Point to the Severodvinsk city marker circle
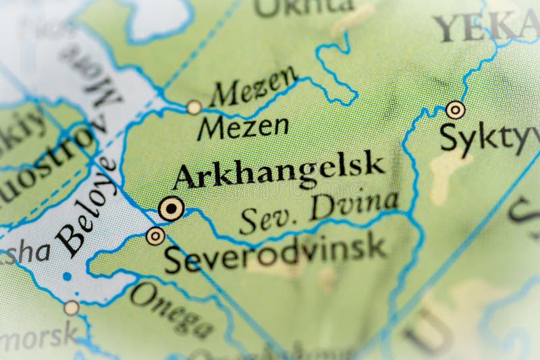pyautogui.click(x=155, y=236)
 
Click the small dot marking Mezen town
pyautogui.click(x=194, y=107)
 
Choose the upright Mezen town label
pyautogui.click(x=243, y=127)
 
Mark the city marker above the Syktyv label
pyautogui.click(x=456, y=109)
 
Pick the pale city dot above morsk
pyautogui.click(x=72, y=308)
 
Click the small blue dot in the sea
pyautogui.click(x=66, y=276)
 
